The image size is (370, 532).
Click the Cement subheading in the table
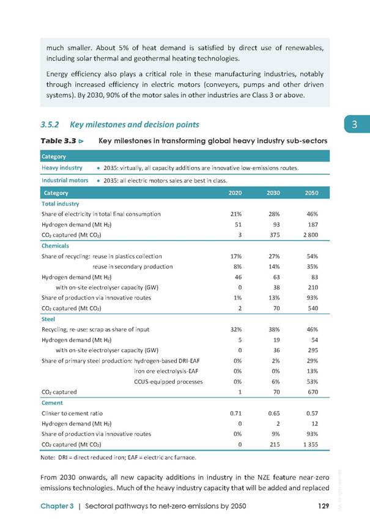[x=52, y=402]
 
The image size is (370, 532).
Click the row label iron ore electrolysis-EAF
[x=166, y=371]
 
